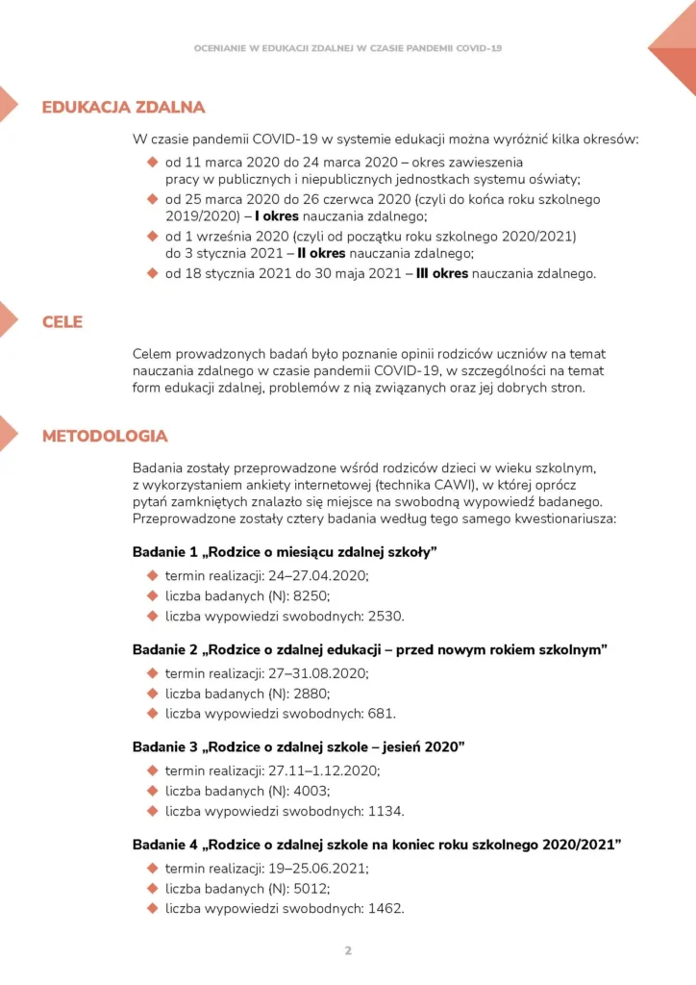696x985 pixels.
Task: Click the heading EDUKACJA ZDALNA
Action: pos(123,107)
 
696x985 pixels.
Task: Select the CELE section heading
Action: pos(62,322)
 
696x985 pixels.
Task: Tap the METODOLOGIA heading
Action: pos(105,436)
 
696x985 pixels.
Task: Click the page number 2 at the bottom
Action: pos(348,950)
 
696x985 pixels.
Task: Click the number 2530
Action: pos(385,617)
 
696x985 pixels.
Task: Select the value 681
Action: pos(382,714)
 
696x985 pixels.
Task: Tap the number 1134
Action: pos(385,811)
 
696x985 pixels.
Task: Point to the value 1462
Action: pos(385,908)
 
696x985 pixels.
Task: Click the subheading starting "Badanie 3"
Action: pos(298,746)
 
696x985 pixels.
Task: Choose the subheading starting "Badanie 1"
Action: pos(285,552)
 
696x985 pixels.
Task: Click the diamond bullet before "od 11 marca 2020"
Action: pos(152,162)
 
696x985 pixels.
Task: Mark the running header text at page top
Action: pos(348,47)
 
